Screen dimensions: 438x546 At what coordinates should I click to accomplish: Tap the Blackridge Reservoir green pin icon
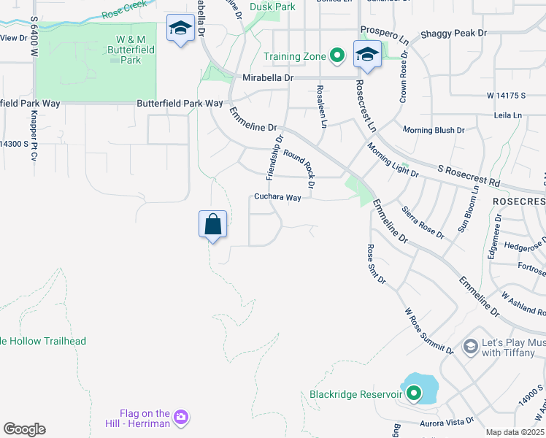tap(414, 394)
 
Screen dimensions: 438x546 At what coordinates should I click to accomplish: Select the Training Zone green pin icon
tap(337, 55)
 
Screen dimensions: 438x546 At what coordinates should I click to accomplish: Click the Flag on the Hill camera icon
tap(181, 418)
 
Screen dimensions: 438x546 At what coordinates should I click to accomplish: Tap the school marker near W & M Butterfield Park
tap(180, 29)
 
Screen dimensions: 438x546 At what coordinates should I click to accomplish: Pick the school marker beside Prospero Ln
tap(367, 55)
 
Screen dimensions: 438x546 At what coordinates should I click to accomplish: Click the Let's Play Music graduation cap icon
tap(470, 345)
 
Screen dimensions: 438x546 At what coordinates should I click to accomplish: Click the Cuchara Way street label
tap(277, 197)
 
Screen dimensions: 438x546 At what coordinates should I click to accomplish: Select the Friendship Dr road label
tap(274, 157)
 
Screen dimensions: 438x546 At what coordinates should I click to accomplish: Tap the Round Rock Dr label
tap(299, 169)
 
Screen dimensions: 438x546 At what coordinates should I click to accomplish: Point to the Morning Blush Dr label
tap(434, 130)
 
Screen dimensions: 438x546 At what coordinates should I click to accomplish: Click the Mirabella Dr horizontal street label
tap(268, 77)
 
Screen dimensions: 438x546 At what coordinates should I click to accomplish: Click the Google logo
tap(24, 429)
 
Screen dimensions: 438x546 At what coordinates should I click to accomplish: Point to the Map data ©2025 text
tap(515, 432)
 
